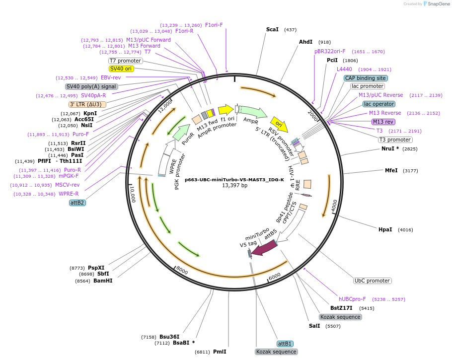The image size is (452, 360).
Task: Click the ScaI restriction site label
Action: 272,30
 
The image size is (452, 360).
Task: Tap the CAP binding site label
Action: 366,78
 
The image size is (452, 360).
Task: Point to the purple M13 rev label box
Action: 383,122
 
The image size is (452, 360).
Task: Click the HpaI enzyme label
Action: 385,229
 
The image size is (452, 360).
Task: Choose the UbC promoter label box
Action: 372,281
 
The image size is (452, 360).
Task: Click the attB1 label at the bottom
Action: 285,344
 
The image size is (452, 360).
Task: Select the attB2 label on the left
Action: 77,203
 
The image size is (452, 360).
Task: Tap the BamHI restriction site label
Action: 103,281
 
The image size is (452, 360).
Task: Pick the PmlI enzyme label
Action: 220,352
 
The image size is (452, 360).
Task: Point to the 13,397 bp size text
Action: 234,186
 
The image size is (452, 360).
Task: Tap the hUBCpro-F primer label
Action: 352,299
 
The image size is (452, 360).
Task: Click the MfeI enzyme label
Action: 391,170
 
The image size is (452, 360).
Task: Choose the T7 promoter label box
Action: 126,61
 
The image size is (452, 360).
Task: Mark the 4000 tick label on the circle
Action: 334,204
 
